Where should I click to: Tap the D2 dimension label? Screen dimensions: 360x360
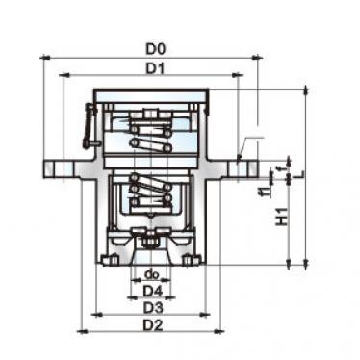pos(150,324)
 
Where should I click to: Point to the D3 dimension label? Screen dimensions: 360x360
pos(150,306)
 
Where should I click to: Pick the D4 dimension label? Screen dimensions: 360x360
pos(150,290)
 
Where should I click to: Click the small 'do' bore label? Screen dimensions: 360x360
pos(150,273)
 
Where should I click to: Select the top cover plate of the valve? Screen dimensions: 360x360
pos(150,94)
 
